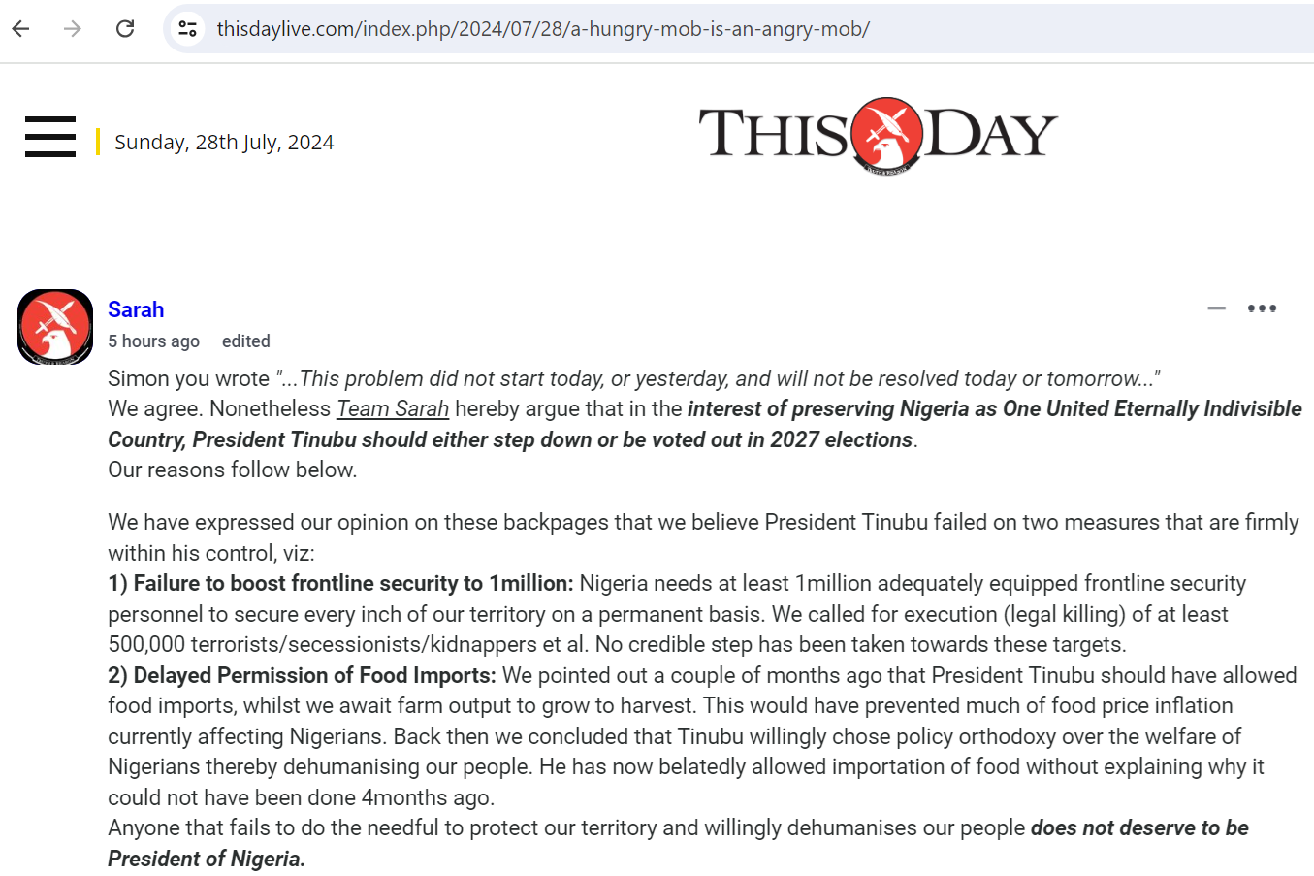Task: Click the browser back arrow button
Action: tap(20, 29)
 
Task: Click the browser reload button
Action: tap(125, 29)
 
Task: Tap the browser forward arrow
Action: tap(73, 29)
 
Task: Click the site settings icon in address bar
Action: tap(188, 29)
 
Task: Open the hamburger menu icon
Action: tap(50, 137)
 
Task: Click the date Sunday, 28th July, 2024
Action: tap(224, 143)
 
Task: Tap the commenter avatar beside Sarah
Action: tap(55, 327)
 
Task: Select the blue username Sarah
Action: tap(136, 309)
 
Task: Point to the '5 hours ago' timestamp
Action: tap(153, 341)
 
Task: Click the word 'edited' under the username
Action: tap(246, 341)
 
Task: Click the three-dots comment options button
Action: tap(1262, 308)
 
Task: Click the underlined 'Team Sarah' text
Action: tap(393, 409)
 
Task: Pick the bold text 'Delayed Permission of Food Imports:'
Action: tap(314, 675)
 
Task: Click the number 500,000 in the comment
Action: tap(146, 645)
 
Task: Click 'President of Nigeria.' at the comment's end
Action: tap(207, 860)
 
